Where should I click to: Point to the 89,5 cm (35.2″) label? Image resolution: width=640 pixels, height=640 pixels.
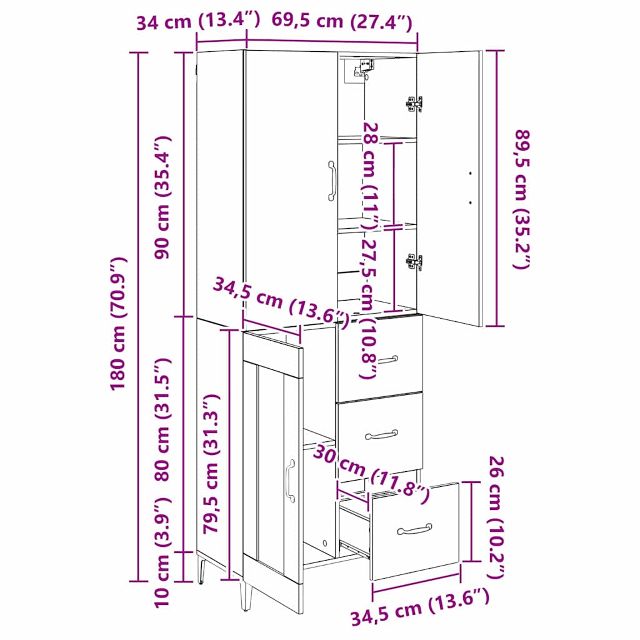click(x=521, y=199)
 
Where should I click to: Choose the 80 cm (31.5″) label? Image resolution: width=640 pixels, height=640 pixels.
click(x=164, y=419)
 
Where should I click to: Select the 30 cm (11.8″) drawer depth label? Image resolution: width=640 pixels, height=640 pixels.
click(x=372, y=472)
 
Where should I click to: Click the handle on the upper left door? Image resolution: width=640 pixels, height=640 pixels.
click(x=331, y=181)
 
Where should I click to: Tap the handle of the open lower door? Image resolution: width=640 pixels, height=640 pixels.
click(x=290, y=480)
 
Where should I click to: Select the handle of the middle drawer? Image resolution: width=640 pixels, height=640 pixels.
click(x=382, y=434)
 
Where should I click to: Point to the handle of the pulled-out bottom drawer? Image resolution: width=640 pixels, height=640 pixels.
click(x=414, y=529)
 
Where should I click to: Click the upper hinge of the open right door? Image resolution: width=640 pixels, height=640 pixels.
click(x=413, y=104)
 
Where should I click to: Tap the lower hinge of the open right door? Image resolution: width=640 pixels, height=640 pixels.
click(x=413, y=262)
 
